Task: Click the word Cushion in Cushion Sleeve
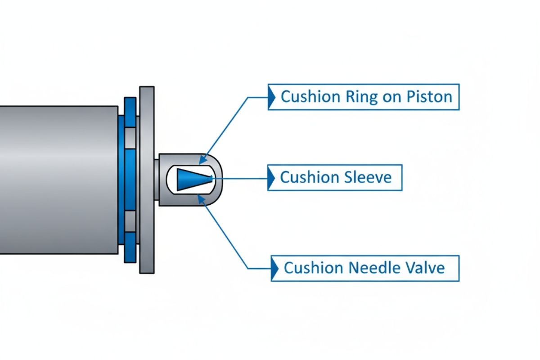pos(306,177)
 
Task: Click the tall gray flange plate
pos(147,180)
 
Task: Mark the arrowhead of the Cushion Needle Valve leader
pos(202,199)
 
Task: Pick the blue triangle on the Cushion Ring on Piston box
pos(271,96)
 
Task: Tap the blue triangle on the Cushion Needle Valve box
pos(274,268)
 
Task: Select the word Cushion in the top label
pos(309,96)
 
